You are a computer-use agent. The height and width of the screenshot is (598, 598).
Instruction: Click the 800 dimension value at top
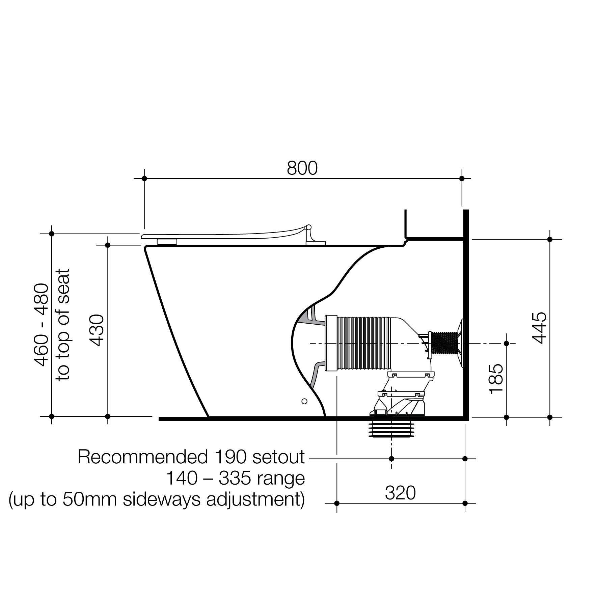point(302,168)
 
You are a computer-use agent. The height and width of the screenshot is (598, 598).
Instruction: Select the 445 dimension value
point(539,328)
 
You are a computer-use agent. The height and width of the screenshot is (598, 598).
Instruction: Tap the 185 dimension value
point(496,379)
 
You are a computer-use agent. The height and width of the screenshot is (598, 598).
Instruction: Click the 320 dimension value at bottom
point(400,493)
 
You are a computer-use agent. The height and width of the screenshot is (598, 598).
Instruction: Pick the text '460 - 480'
point(42,325)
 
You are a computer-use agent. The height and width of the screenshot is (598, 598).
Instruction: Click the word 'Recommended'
point(143,457)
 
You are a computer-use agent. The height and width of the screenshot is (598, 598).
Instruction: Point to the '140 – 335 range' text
point(235,478)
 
